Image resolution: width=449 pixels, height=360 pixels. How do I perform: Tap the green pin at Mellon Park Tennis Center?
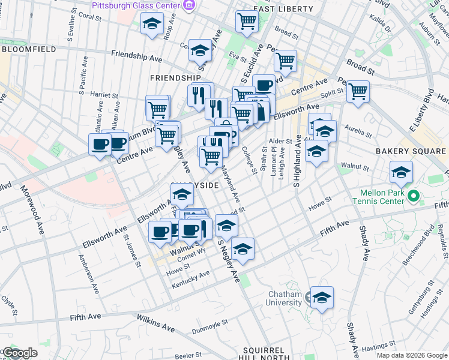[x=412, y=196]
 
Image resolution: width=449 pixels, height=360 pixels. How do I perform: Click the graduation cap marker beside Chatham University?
[x=322, y=297]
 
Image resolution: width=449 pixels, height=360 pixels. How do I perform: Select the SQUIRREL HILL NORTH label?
[x=267, y=353]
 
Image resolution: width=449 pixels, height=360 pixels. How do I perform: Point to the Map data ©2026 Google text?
[x=412, y=355]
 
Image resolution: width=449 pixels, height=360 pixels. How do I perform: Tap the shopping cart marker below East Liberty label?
[x=247, y=22]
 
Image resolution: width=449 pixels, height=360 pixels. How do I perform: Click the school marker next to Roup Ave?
[x=152, y=25]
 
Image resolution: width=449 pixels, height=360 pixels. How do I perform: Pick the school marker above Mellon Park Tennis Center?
[x=401, y=173]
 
